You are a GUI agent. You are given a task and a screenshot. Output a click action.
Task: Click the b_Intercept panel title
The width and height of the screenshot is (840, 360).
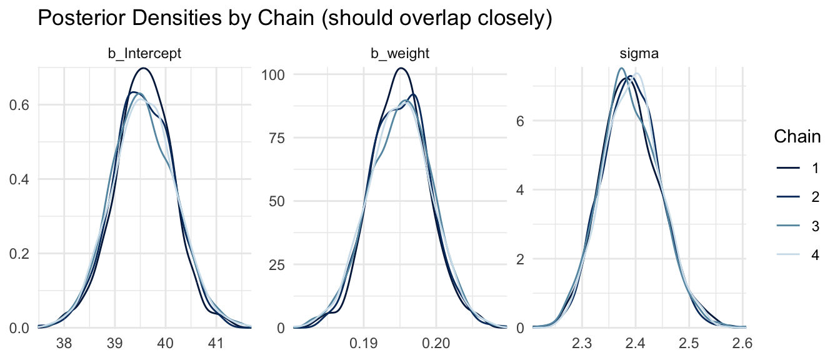click(x=145, y=54)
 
